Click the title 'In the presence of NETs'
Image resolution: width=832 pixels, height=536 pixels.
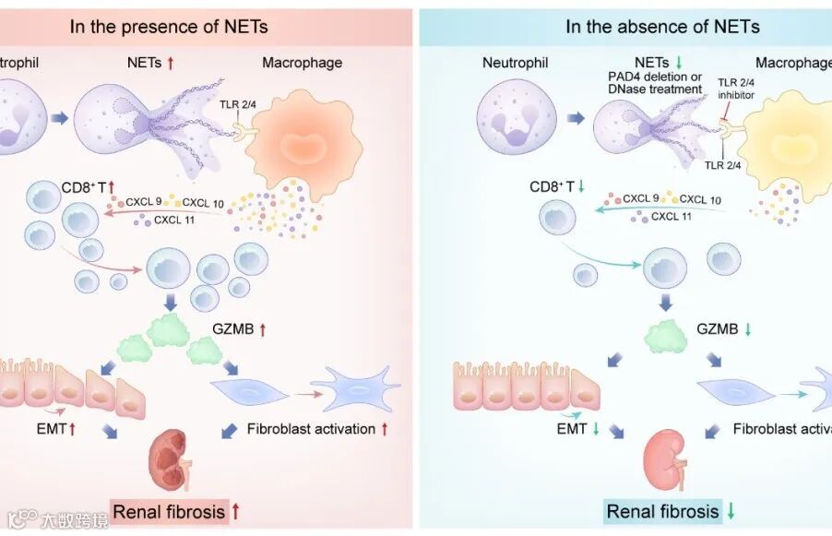(x=169, y=26)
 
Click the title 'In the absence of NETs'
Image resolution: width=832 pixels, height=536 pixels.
(x=662, y=26)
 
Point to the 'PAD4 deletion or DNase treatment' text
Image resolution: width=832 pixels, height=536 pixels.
(x=651, y=82)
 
